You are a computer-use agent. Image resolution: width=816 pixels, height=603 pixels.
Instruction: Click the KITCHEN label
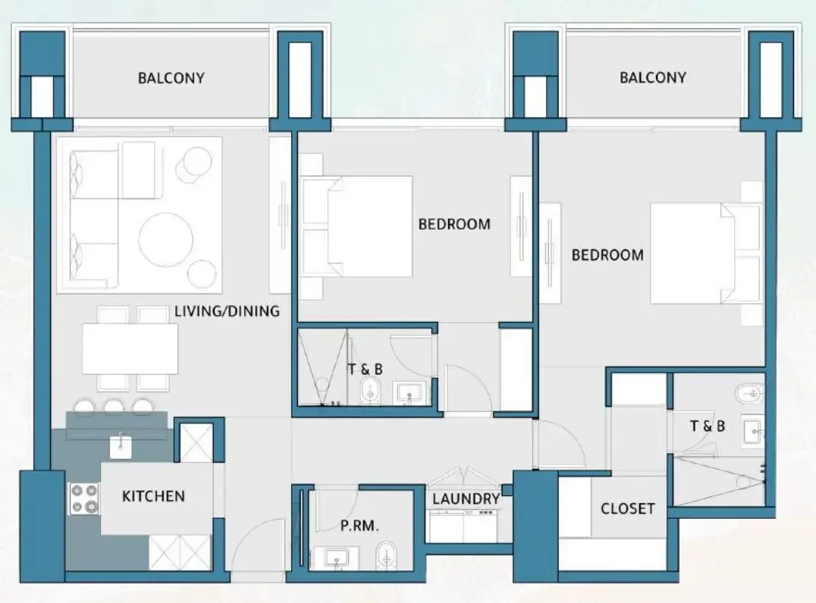pyautogui.click(x=153, y=496)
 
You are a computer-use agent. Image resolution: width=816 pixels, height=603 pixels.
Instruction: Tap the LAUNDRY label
pyautogui.click(x=466, y=499)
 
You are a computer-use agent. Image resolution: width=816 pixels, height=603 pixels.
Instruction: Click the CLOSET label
pyautogui.click(x=627, y=508)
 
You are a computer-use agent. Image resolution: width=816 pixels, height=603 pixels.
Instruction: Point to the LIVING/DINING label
pyautogui.click(x=227, y=311)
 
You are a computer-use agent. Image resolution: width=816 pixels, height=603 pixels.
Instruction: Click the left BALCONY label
pyautogui.click(x=171, y=77)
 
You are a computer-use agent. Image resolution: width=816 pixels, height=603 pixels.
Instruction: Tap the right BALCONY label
pyautogui.click(x=652, y=77)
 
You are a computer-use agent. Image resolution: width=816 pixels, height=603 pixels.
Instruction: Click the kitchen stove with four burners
pyautogui.click(x=84, y=498)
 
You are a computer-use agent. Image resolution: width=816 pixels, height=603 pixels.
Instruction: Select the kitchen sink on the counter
pyautogui.click(x=121, y=445)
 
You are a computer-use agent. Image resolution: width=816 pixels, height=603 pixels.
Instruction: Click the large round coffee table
pyautogui.click(x=165, y=239)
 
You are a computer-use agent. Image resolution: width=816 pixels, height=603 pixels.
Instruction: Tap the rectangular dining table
pyautogui.click(x=130, y=348)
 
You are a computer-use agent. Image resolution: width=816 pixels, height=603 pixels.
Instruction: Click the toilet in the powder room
pyautogui.click(x=386, y=555)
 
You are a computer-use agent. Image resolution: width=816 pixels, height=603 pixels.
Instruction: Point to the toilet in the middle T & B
pyautogui.click(x=370, y=392)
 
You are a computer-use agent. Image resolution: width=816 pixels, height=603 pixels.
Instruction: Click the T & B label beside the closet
pyautogui.click(x=707, y=426)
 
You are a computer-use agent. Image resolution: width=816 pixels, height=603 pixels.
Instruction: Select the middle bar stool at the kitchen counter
pyautogui.click(x=114, y=406)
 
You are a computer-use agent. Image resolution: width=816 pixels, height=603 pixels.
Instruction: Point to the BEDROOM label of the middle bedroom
pyautogui.click(x=454, y=224)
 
